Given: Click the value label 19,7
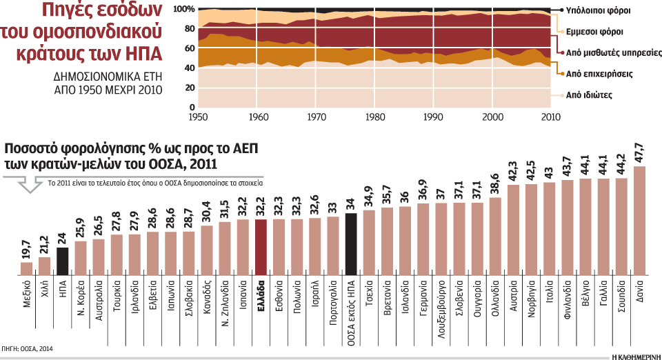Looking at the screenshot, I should point(27,249).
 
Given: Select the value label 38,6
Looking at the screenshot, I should point(494,185).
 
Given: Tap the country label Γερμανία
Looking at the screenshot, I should point(422,295).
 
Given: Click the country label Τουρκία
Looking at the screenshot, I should point(117,293).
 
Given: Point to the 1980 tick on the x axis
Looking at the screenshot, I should point(375,115).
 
